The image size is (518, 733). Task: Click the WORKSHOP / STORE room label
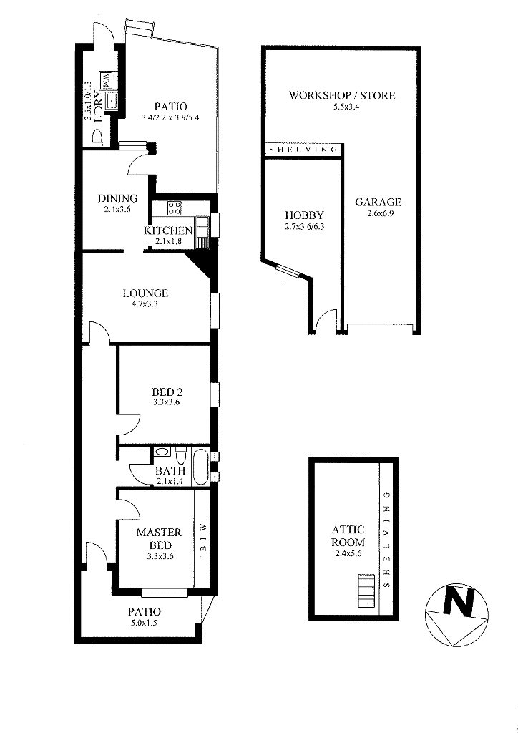(342, 95)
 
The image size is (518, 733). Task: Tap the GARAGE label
(378, 203)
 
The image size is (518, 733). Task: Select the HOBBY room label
(304, 215)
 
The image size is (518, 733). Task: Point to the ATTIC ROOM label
(348, 536)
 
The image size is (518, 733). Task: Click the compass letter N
(458, 601)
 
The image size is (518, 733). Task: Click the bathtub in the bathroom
(201, 467)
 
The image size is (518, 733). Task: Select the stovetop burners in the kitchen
(175, 208)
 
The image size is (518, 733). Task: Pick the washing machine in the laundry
(107, 80)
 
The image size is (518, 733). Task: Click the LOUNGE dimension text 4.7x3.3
(145, 304)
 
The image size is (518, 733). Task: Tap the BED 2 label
(167, 392)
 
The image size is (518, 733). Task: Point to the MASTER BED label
(159, 538)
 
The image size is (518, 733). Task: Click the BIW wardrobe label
(203, 537)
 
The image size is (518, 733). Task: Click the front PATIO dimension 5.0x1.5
(145, 622)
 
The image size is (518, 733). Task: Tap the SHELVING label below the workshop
(303, 150)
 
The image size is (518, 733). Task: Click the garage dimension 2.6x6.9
(378, 213)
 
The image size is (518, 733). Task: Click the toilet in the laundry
(97, 139)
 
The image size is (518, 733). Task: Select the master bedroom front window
(165, 593)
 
